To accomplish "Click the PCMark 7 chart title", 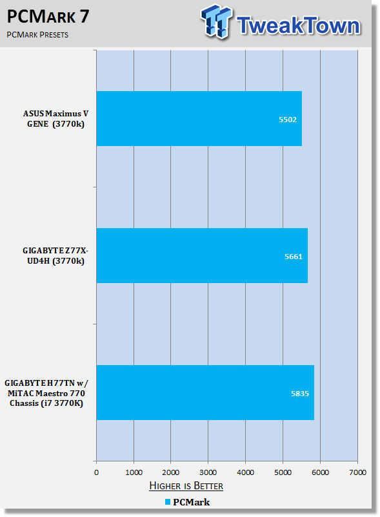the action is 48,16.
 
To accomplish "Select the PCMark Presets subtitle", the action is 37,35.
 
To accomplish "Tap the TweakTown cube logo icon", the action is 216,21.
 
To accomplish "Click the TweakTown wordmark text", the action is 298,25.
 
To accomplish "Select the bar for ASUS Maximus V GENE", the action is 199,118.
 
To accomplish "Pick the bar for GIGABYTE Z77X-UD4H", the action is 202,255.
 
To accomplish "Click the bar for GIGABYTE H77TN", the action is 205,392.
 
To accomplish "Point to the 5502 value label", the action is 288,120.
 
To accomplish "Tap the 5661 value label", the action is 294,257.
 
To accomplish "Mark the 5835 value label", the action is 300,394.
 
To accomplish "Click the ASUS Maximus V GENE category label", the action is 55,119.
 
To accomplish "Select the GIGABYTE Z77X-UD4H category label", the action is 55,255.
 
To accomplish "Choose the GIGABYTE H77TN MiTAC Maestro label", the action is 46,393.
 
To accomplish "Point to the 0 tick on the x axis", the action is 96,472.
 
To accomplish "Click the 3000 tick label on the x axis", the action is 208,472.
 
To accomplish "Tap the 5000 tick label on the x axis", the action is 283,472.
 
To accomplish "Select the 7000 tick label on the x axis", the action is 357,472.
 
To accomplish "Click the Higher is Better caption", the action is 186,486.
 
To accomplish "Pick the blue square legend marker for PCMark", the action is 168,502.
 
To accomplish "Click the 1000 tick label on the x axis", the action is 134,472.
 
